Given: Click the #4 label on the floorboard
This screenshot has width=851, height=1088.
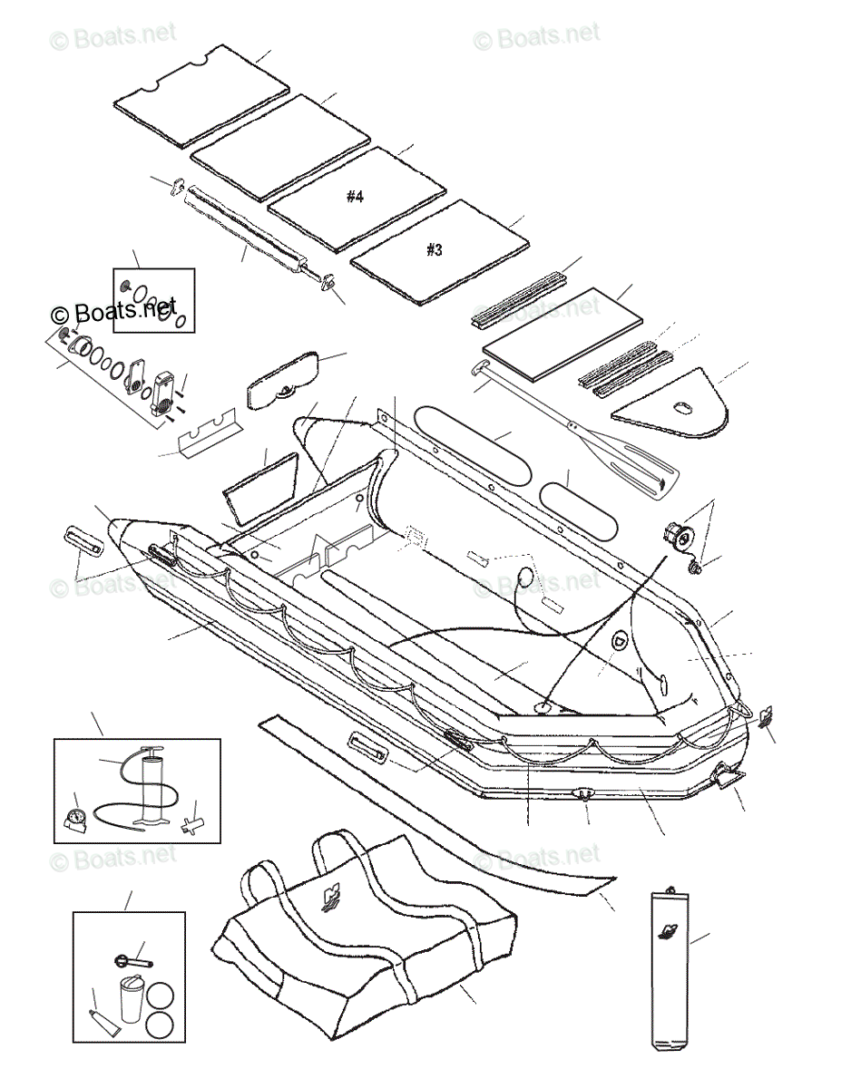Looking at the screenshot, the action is pyautogui.click(x=355, y=197).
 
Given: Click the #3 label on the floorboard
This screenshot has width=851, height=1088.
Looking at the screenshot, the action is pyautogui.click(x=435, y=249).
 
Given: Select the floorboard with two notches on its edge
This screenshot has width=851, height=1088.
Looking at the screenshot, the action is pyautogui.click(x=201, y=95).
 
